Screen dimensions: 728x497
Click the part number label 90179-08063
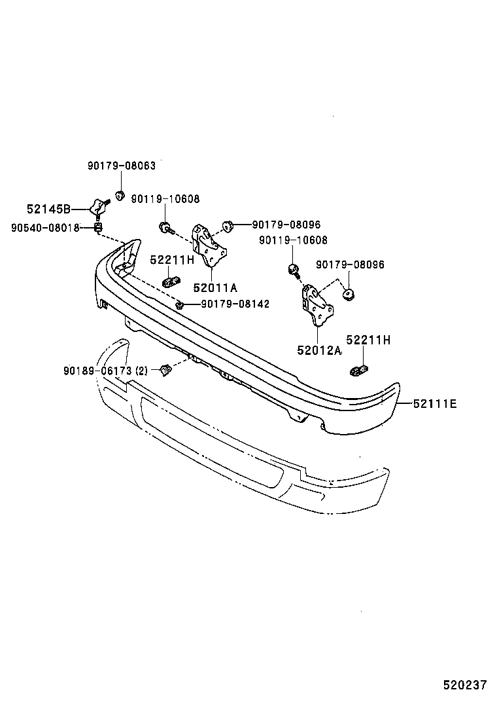click(122, 166)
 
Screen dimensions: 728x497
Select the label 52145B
click(48, 209)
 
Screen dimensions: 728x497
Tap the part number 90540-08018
click(45, 228)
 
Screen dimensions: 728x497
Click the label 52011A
click(214, 287)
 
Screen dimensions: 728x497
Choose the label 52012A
click(319, 350)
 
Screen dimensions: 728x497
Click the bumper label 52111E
click(434, 404)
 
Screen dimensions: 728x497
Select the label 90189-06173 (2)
click(105, 371)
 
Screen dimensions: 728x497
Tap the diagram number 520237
click(465, 685)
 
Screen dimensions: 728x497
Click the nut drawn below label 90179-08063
click(120, 194)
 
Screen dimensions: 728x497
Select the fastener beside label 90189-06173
click(165, 371)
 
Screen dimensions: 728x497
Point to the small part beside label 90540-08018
click(98, 227)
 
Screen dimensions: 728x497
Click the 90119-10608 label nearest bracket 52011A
click(165, 199)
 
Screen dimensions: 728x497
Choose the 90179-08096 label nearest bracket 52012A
click(350, 264)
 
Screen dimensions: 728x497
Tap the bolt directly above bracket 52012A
click(294, 267)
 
